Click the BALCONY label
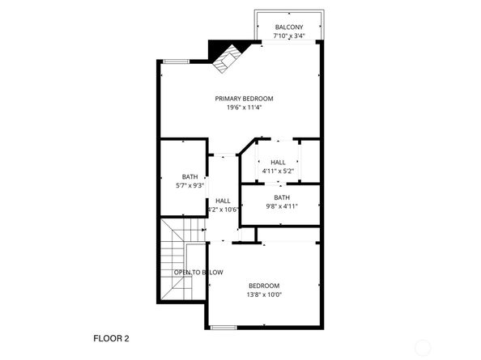pyautogui.click(x=289, y=27)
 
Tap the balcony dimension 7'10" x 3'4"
pyautogui.click(x=289, y=36)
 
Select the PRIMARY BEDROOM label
pyautogui.click(x=244, y=99)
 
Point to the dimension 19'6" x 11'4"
pyautogui.click(x=244, y=108)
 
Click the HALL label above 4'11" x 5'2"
pyautogui.click(x=279, y=162)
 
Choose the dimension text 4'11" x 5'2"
pyautogui.click(x=279, y=171)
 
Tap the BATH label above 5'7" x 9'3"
pyautogui.click(x=189, y=177)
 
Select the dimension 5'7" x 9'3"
pyautogui.click(x=189, y=186)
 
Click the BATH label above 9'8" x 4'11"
pyautogui.click(x=282, y=197)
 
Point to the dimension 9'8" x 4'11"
pyautogui.click(x=282, y=206)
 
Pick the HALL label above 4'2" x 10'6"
pyautogui.click(x=223, y=201)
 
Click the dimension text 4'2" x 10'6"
pyautogui.click(x=223, y=210)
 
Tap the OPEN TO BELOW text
pyautogui.click(x=198, y=273)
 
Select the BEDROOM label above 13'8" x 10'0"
pyautogui.click(x=264, y=286)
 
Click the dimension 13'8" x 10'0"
pyautogui.click(x=264, y=294)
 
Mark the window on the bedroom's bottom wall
pyautogui.click(x=223, y=328)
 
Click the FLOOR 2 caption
pyautogui.click(x=111, y=337)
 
